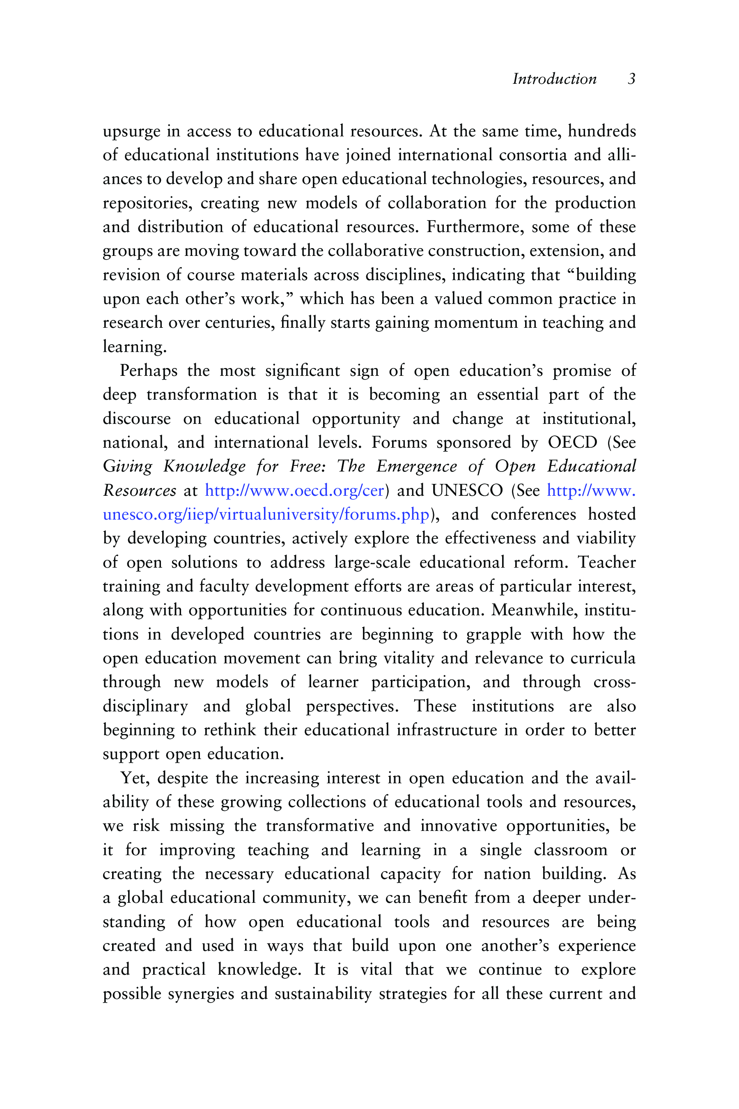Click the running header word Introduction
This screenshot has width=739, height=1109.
pyautogui.click(x=554, y=79)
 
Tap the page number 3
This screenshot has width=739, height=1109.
pyautogui.click(x=631, y=79)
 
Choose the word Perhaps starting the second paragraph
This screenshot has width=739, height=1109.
pyautogui.click(x=149, y=371)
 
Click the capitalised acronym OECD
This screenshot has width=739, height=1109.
pyautogui.click(x=572, y=443)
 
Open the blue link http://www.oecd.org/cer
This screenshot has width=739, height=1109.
pyautogui.click(x=294, y=491)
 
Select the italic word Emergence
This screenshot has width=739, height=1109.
pyautogui.click(x=416, y=467)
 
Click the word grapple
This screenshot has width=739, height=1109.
pyautogui.click(x=493, y=635)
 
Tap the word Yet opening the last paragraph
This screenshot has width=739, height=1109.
pyautogui.click(x=135, y=778)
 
